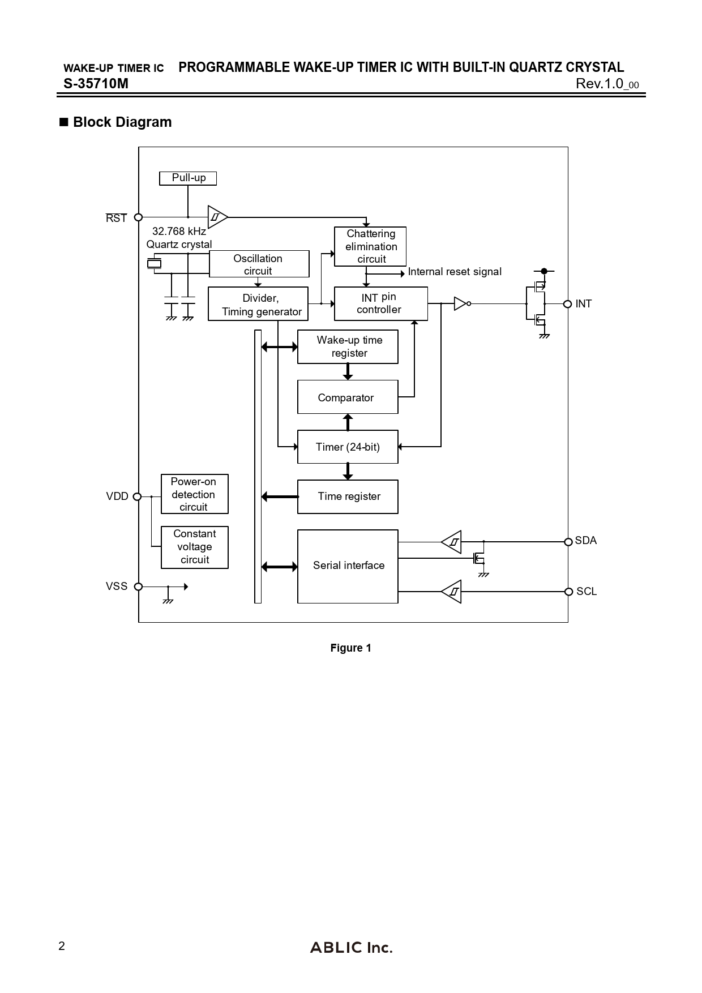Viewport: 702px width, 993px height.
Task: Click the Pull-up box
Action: pyautogui.click(x=188, y=178)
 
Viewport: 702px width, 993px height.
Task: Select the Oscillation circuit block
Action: pyautogui.click(x=259, y=264)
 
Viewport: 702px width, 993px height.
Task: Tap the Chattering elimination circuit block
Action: pyautogui.click(x=370, y=246)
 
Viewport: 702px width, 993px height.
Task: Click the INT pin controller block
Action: pyautogui.click(x=380, y=303)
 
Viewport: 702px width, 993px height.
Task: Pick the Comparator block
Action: pyautogui.click(x=348, y=397)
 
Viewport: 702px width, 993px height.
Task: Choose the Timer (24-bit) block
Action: pyautogui.click(x=348, y=447)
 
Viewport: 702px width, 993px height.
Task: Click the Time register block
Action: pyautogui.click(x=348, y=497)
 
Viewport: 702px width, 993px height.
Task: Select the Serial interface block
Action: pyautogui.click(x=348, y=566)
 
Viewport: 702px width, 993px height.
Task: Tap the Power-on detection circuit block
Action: pyautogui.click(x=194, y=494)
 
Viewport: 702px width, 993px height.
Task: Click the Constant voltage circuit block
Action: pyautogui.click(x=194, y=547)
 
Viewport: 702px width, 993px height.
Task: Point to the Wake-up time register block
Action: pyautogui.click(x=348, y=346)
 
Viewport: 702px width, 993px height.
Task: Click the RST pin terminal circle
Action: pyautogui.click(x=138, y=217)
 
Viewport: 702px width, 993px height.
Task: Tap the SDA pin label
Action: pyautogui.click(x=586, y=541)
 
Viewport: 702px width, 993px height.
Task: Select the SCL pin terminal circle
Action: pyautogui.click(x=568, y=592)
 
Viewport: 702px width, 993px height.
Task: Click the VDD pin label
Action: pyautogui.click(x=117, y=497)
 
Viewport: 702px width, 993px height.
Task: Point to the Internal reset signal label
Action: pyautogui.click(x=455, y=272)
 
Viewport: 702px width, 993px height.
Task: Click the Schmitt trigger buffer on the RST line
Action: pyautogui.click(x=217, y=217)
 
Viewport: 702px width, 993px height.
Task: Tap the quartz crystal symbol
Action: pyautogui.click(x=154, y=263)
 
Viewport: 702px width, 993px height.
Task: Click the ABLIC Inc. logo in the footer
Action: pyautogui.click(x=351, y=947)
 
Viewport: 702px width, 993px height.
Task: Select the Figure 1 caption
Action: pyautogui.click(x=351, y=648)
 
